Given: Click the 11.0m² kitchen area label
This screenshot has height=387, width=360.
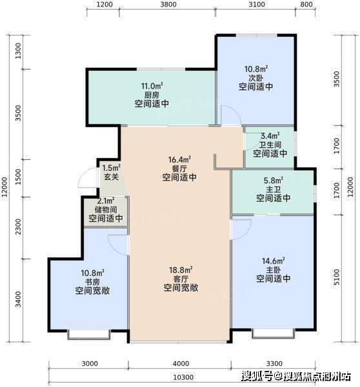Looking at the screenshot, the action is (152, 86).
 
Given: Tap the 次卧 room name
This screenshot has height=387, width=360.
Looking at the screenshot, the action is (255, 78).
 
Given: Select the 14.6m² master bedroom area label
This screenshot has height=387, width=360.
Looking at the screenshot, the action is (273, 261).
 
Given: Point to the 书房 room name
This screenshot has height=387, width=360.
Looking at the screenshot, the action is (92, 282).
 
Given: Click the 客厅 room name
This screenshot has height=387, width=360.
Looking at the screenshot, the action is (181, 279).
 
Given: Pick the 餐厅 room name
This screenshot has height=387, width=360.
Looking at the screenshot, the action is (179, 168).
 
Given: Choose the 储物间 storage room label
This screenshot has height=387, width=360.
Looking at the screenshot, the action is (106, 210).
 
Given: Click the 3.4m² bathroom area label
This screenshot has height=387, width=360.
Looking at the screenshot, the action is (270, 135).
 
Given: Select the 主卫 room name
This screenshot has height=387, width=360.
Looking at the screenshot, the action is (274, 189).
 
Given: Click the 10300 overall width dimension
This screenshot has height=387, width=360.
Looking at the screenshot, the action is (183, 377).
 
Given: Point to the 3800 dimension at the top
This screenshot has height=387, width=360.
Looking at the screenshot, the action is (168, 5).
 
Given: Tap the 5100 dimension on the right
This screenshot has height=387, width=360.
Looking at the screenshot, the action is (337, 277).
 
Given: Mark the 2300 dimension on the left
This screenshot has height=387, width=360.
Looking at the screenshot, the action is (18, 226).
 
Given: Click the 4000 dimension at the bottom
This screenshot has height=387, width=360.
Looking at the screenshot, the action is (181, 364).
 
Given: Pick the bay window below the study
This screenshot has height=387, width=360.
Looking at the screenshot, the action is (89, 334).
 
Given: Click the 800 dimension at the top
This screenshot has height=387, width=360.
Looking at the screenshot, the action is (306, 5).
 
